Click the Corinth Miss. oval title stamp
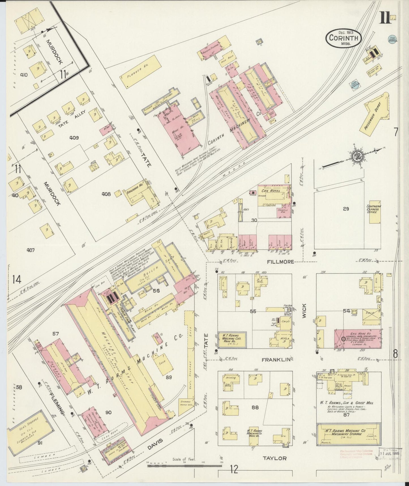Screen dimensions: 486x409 pos(343,38)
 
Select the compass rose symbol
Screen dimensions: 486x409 pos(356,156)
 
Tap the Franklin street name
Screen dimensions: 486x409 pos(276,360)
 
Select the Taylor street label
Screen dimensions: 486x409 pos(275,466)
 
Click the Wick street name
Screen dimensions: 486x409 pos(304,310)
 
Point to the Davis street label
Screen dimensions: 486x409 pos(155,445)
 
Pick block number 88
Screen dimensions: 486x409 pos(255,407)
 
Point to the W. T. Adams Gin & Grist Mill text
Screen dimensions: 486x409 pos(347,403)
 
